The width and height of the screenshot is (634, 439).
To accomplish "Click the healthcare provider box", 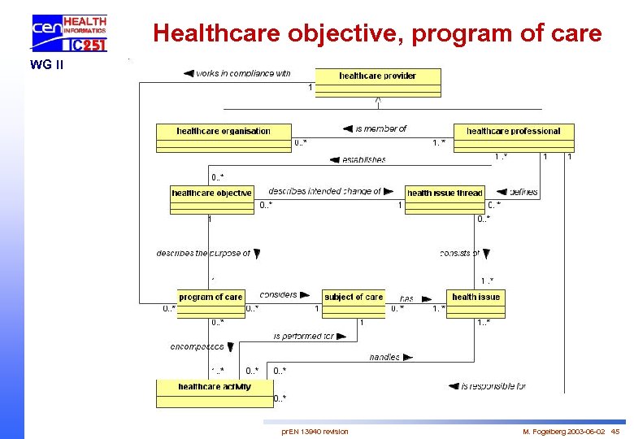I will click(378, 82).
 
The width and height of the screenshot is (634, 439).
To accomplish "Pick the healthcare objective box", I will click(212, 199).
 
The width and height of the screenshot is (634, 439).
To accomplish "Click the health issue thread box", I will click(445, 199).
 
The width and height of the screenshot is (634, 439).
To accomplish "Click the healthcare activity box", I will click(215, 393).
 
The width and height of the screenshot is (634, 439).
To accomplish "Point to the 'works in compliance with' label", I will click(242, 73).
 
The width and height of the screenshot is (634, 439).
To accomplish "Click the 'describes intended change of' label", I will click(324, 191).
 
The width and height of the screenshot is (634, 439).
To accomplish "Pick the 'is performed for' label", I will click(304, 336).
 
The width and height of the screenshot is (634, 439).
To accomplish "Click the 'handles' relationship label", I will click(384, 357).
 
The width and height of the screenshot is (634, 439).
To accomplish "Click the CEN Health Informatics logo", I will click(70, 33).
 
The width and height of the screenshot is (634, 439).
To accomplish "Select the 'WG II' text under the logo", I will click(46, 64).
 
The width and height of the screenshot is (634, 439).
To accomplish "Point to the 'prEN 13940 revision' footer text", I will click(315, 431).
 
